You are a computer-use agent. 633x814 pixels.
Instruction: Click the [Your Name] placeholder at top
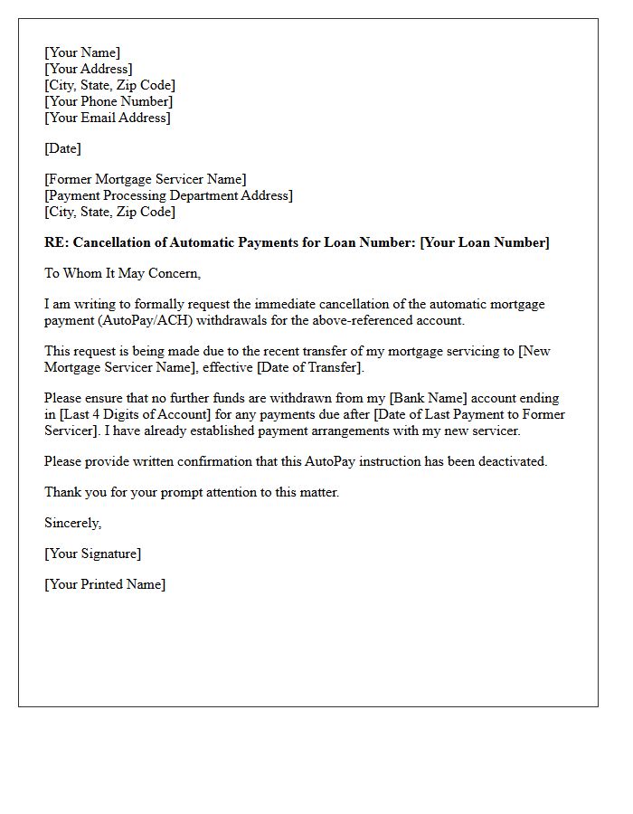pyautogui.click(x=82, y=52)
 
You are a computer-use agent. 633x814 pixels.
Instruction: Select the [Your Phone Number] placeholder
pyautogui.click(x=109, y=101)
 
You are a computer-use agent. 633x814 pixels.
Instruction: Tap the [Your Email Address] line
pyautogui.click(x=108, y=118)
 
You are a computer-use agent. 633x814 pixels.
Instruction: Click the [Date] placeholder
pyautogui.click(x=62, y=148)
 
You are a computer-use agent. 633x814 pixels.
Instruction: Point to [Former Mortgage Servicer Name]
pyautogui.click(x=145, y=179)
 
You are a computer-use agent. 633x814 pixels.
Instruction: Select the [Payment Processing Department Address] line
pyautogui.click(x=168, y=195)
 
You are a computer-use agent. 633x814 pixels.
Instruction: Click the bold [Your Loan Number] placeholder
pyautogui.click(x=485, y=242)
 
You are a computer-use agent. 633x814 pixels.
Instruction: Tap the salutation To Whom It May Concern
pyautogui.click(x=122, y=273)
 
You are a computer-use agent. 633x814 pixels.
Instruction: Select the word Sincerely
pyautogui.click(x=72, y=523)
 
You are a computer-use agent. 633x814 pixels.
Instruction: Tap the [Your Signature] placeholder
pyautogui.click(x=93, y=554)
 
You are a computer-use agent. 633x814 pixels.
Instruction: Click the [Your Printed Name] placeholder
pyautogui.click(x=105, y=584)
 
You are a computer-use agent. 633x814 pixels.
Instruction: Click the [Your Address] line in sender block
pyautogui.click(x=89, y=69)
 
